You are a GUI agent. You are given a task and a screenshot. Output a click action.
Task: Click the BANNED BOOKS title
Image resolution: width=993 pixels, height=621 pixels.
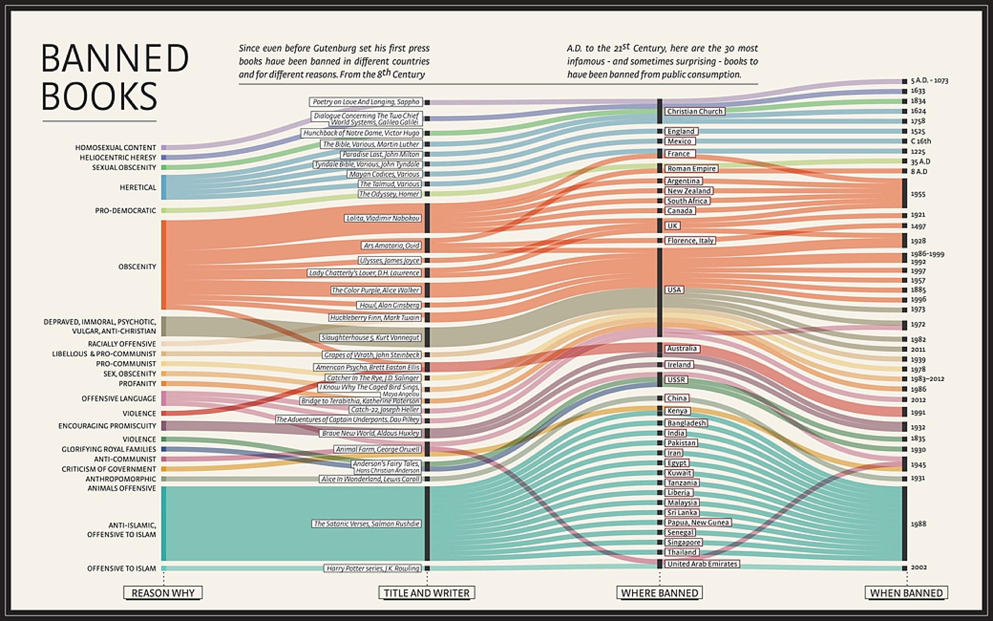click(114, 77)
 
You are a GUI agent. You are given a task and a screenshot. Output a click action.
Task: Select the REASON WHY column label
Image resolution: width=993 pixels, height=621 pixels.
click(163, 593)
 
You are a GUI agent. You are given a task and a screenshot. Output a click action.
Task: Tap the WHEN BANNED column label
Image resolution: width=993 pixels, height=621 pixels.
click(906, 593)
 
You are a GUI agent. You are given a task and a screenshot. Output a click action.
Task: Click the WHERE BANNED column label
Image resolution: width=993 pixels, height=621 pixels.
click(659, 593)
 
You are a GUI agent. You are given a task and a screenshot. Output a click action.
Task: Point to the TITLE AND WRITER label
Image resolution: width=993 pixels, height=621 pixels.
click(426, 593)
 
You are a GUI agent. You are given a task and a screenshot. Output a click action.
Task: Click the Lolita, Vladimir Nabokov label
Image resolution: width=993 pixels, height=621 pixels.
click(383, 218)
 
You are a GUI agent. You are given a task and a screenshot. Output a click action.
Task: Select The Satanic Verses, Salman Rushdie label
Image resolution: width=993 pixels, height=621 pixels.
click(366, 524)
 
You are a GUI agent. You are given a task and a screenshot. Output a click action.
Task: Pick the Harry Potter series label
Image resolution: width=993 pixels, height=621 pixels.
click(373, 568)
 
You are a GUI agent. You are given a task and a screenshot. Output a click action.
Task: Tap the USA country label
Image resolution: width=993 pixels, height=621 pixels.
click(674, 290)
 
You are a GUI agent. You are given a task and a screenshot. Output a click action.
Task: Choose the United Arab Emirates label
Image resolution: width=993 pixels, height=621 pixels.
click(702, 564)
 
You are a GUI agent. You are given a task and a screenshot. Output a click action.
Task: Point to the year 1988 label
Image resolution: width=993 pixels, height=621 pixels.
click(919, 524)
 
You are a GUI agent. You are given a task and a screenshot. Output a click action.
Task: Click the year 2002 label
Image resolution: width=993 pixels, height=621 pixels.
click(919, 567)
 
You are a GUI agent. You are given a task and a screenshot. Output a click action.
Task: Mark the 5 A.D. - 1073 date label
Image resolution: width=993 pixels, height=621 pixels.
click(929, 80)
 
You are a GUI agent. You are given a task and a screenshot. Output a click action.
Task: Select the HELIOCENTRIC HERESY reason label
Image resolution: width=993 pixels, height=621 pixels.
click(118, 157)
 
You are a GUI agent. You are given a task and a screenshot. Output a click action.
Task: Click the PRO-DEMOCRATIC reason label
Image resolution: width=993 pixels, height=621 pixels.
click(125, 211)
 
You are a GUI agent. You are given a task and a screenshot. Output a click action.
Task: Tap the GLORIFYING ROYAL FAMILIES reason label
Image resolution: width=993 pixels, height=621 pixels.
click(108, 449)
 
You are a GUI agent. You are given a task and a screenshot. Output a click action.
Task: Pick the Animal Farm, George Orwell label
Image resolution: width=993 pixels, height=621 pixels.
click(378, 449)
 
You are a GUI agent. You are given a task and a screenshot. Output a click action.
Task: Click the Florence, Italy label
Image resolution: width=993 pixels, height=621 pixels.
click(690, 240)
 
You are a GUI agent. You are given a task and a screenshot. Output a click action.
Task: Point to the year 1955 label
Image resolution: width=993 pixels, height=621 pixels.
click(918, 194)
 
